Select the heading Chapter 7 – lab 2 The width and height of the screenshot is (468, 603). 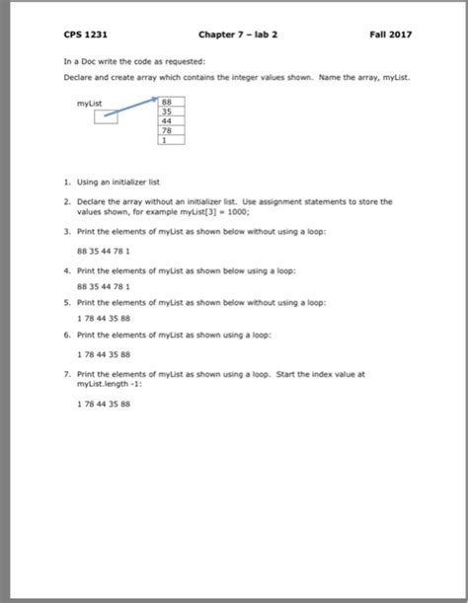click(238, 35)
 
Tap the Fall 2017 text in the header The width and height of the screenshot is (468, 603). click(392, 35)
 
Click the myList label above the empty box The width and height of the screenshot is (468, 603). click(88, 102)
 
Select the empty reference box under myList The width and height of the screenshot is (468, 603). click(107, 117)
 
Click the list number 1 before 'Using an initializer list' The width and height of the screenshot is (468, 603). click(64, 182)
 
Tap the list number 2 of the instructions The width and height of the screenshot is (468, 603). click(64, 199)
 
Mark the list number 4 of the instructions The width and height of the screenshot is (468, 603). click(64, 268)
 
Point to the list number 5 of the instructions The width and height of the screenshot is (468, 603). click(64, 302)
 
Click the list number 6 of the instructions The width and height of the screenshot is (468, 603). click(64, 336)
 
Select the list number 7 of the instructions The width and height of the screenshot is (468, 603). click(64, 374)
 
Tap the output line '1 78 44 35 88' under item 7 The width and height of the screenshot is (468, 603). click(103, 404)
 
